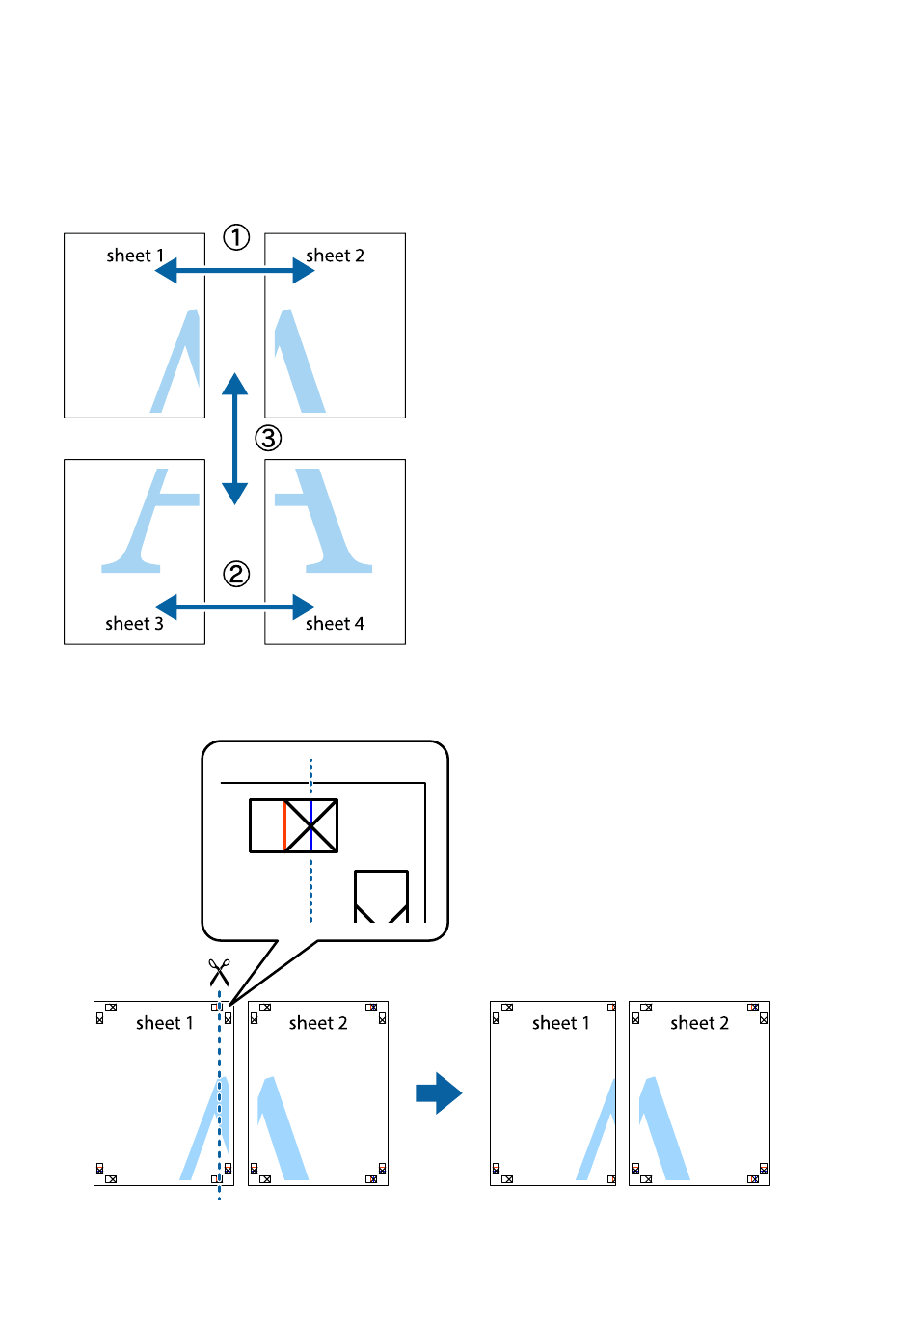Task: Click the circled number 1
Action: pos(236,237)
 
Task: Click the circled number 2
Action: pos(236,575)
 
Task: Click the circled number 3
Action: pos(268,439)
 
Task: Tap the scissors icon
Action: pos(219,972)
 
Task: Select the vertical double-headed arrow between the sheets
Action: pos(234,439)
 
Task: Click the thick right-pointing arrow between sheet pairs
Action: pos(439,1093)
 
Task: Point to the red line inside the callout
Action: pos(284,825)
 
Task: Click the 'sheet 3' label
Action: pos(134,624)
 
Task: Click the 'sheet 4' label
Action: pos(335,624)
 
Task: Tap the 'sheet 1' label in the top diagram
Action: pos(135,256)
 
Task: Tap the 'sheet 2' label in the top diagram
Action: pos(335,256)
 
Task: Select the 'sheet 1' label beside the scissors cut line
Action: pos(165,1023)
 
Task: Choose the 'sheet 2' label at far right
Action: pos(699,1023)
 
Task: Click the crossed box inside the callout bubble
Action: pos(311,825)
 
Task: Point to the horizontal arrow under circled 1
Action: pos(234,271)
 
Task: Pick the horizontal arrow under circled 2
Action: pos(234,607)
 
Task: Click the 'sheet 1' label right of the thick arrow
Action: pos(560,1023)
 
